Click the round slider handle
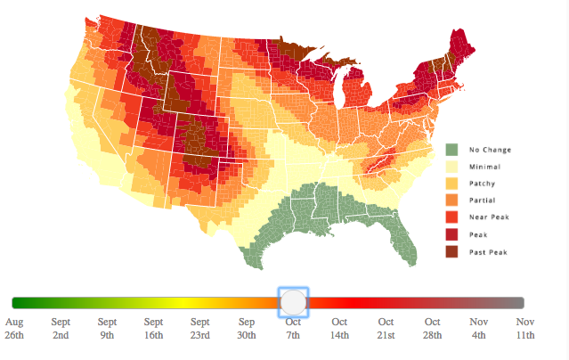click(293, 303)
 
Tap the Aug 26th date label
click(14, 328)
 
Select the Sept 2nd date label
click(61, 328)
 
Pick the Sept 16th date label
click(153, 328)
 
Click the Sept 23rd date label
click(199, 328)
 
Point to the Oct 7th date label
click(293, 328)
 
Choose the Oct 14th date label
click(339, 328)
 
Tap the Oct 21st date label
click(386, 328)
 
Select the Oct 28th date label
click(432, 328)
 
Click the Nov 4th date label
click(478, 328)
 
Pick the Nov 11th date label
click(524, 328)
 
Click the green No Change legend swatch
click(451, 150)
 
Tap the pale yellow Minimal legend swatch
click(451, 167)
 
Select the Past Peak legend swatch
click(451, 251)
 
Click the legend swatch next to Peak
click(451, 234)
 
